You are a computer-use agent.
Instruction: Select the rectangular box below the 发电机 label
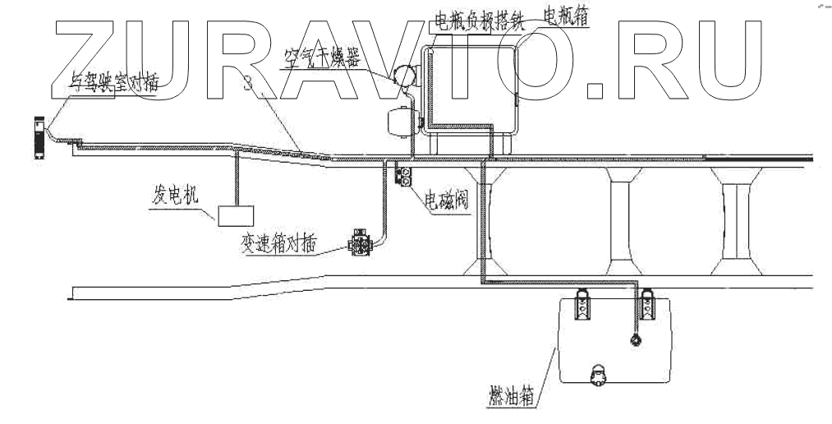coord(236,215)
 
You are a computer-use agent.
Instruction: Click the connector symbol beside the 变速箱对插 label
coord(361,242)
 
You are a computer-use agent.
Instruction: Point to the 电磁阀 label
coord(445,200)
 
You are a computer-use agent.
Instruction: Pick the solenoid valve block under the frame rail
coord(404,174)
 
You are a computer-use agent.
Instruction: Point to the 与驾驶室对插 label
coord(115,81)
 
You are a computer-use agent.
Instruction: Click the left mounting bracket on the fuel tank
coord(581,305)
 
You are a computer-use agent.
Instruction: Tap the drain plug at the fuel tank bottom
coord(599,374)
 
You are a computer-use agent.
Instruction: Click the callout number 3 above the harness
coord(248,81)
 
